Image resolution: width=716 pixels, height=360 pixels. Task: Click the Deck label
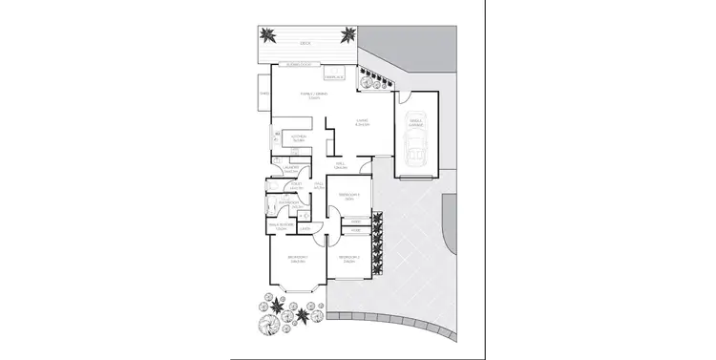[x=305, y=43]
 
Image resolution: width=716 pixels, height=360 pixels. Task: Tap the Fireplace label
[x=334, y=75]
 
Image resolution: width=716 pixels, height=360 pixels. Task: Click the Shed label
[x=263, y=94]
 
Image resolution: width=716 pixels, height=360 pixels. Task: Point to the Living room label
[x=363, y=121]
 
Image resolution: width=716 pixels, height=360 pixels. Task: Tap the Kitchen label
[x=297, y=137]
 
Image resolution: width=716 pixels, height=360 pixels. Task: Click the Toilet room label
[x=295, y=187]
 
